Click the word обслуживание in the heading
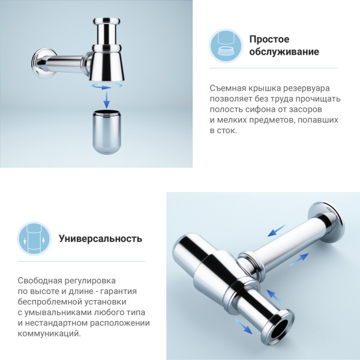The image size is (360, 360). coord(284,52)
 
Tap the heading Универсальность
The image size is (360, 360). coord(100,238)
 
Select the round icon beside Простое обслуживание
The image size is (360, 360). coord(226,46)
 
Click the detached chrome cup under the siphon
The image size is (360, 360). coord(107,131)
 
